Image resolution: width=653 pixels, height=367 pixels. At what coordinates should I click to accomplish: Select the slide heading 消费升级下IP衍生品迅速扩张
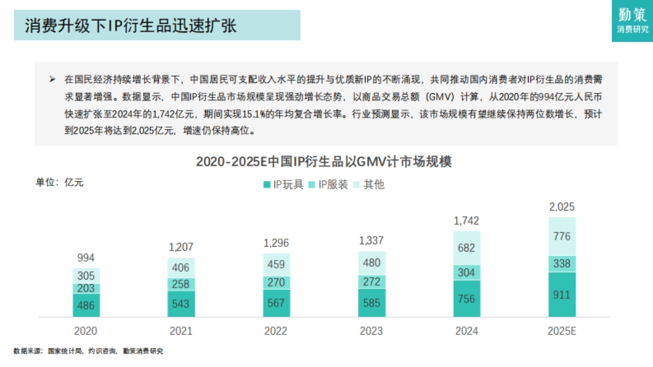[x=131, y=26]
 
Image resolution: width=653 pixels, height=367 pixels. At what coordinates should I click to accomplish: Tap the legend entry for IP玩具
[x=282, y=184]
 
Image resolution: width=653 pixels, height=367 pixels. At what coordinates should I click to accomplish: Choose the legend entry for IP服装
[x=328, y=184]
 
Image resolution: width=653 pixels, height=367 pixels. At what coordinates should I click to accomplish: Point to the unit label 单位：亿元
[x=60, y=182]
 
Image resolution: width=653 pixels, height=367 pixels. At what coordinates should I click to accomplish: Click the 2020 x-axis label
[x=86, y=331]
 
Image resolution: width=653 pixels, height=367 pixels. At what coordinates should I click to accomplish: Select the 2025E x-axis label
[x=562, y=331]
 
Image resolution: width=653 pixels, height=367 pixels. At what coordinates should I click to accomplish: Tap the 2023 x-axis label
[x=372, y=331]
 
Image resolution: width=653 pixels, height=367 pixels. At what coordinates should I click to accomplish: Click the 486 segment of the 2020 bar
[x=86, y=305]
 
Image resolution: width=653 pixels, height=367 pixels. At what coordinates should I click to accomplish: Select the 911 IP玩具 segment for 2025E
[x=562, y=295]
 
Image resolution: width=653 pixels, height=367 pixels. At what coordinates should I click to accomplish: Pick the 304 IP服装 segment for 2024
[x=467, y=272]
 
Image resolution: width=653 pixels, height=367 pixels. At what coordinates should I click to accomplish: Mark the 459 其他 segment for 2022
[x=276, y=264]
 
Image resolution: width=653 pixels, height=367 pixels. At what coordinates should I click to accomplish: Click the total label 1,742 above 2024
[x=467, y=221]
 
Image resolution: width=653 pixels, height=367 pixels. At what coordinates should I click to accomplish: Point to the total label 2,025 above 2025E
[x=562, y=207]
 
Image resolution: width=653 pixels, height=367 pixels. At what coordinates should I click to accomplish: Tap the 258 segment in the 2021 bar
[x=181, y=284]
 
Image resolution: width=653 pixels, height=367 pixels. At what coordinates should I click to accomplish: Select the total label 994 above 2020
[x=86, y=258]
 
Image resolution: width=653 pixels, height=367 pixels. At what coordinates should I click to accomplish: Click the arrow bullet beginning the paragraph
[x=52, y=79]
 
